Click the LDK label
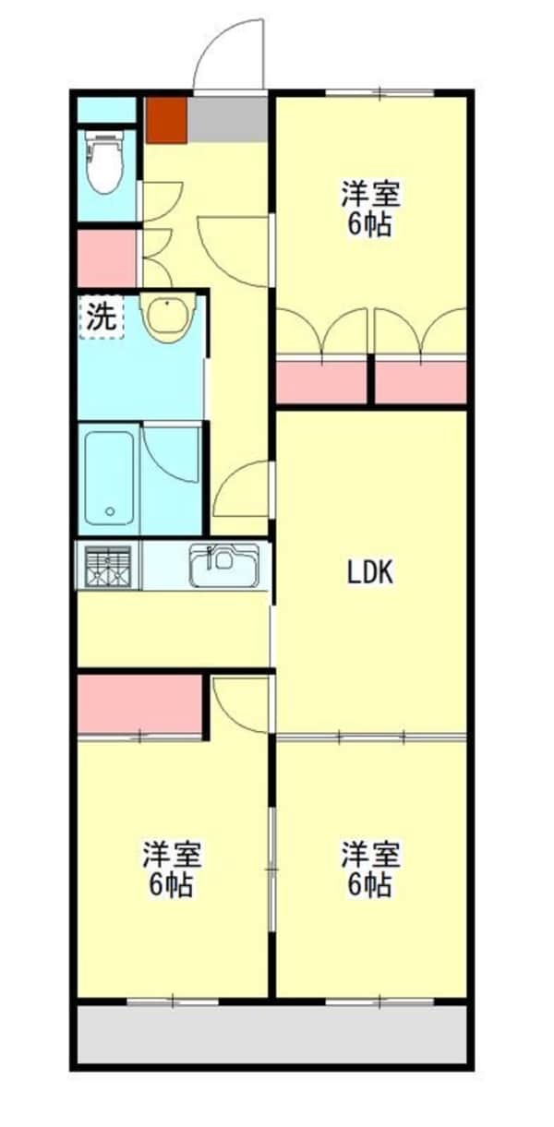pyautogui.click(x=370, y=573)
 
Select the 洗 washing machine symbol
pyautogui.click(x=101, y=317)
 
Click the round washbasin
pyautogui.click(x=167, y=318)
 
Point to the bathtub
pyautogui.click(x=109, y=478)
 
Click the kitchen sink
pyautogui.click(x=223, y=566)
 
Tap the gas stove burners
pyautogui.click(x=109, y=566)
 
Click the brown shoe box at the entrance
pyautogui.click(x=167, y=118)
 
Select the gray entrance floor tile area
pyautogui.click(x=228, y=118)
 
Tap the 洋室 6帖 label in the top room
pyautogui.click(x=370, y=210)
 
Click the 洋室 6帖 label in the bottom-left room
pyautogui.click(x=172, y=869)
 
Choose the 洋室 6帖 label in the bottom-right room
pyautogui.click(x=370, y=869)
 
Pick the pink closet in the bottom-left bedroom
pyautogui.click(x=139, y=703)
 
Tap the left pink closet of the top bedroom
pyautogui.click(x=322, y=381)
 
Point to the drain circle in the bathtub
pyautogui.click(x=110, y=511)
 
